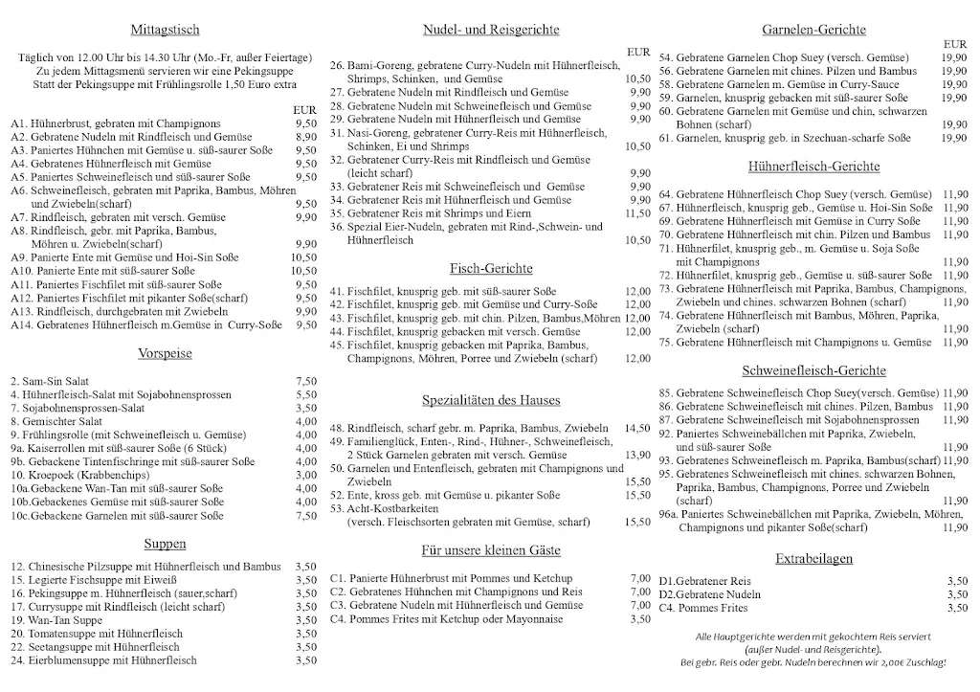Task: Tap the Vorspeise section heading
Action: click(166, 353)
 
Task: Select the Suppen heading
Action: click(166, 544)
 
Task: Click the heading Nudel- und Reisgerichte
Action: click(491, 31)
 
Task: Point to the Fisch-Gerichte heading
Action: click(491, 268)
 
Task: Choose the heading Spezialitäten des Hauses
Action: click(491, 400)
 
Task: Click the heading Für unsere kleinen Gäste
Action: click(491, 550)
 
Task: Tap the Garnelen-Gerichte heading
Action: click(814, 31)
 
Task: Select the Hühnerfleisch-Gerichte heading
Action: click(814, 167)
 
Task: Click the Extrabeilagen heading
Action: click(814, 558)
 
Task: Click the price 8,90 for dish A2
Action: click(305, 137)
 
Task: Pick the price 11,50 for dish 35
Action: click(636, 213)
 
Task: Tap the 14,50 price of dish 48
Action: click(636, 428)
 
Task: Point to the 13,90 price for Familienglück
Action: click(636, 455)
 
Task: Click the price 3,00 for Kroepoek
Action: click(305, 475)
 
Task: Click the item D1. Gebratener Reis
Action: click(705, 581)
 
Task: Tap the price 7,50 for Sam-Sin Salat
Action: click(305, 380)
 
